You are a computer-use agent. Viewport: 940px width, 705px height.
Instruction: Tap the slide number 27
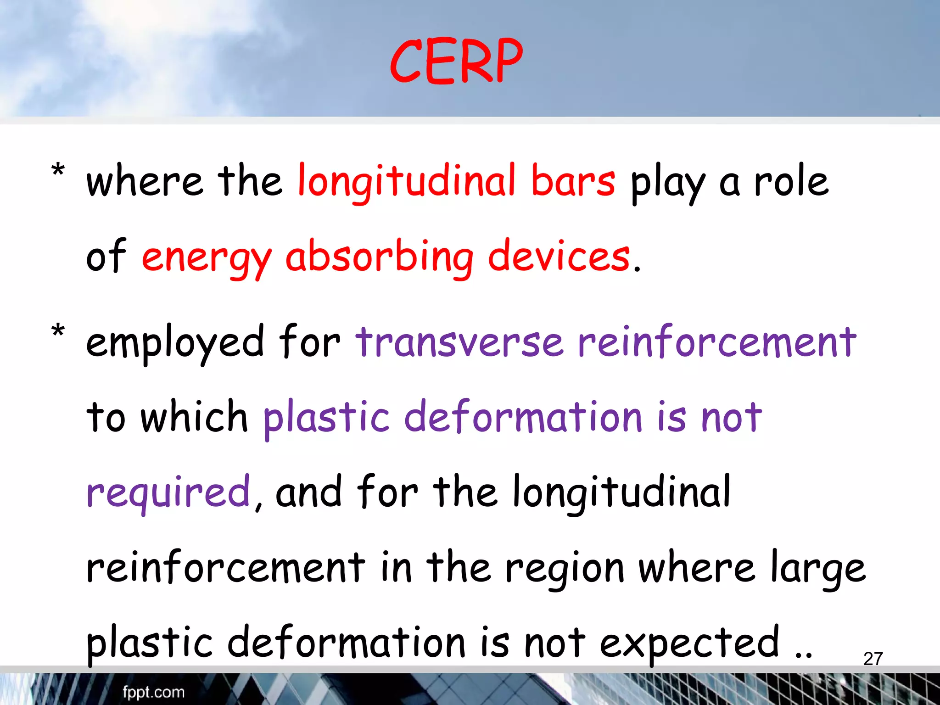tap(873, 659)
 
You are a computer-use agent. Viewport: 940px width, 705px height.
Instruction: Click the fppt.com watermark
tap(153, 692)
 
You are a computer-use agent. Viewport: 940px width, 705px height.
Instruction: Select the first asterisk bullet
tap(58, 171)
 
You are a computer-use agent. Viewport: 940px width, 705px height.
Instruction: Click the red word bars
tap(572, 181)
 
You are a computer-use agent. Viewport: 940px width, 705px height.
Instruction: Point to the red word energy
tap(207, 257)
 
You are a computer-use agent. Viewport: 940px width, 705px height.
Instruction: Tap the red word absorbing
tap(379, 257)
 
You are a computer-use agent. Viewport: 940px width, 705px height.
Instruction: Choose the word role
tap(791, 182)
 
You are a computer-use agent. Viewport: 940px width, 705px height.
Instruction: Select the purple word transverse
tap(459, 342)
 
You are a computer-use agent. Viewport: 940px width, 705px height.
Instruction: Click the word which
tap(194, 417)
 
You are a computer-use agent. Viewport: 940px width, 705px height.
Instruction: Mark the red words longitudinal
tap(407, 182)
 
